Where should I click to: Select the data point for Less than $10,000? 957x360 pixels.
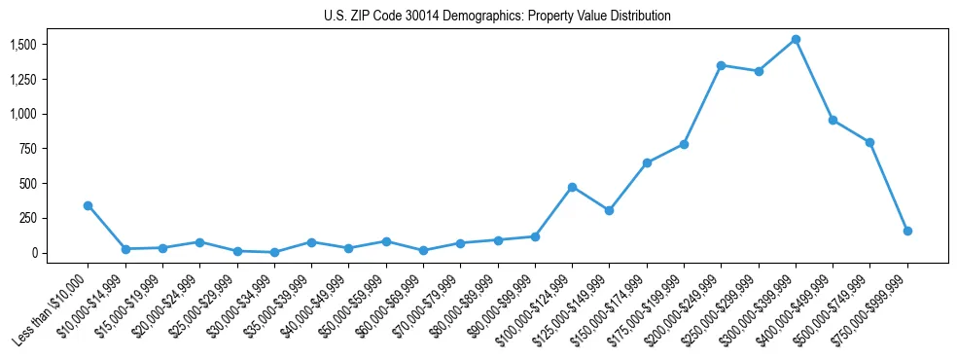(x=89, y=205)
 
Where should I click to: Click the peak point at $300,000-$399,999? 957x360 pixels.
(x=796, y=40)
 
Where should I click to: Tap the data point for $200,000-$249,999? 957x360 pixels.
(x=721, y=65)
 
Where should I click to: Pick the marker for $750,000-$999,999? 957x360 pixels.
(x=907, y=231)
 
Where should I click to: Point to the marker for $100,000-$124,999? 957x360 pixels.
(x=572, y=187)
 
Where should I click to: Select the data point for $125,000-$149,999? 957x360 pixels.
(x=609, y=210)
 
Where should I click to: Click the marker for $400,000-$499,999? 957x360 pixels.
(x=833, y=120)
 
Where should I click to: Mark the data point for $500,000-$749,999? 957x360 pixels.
(x=869, y=142)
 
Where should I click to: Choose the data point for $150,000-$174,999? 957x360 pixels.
(x=647, y=162)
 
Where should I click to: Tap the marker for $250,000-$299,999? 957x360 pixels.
(x=759, y=71)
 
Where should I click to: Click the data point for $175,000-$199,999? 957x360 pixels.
(x=684, y=144)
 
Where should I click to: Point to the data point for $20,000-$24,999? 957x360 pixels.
(x=199, y=242)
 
